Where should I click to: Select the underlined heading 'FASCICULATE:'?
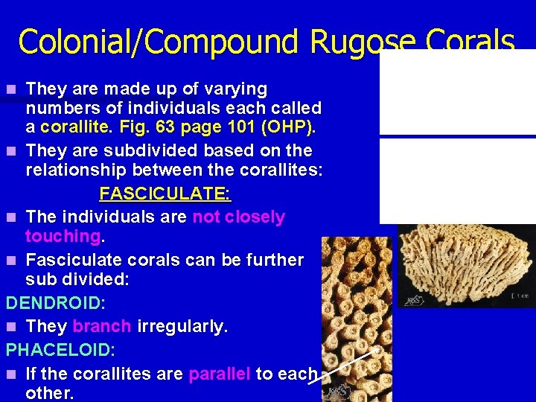click(165, 194)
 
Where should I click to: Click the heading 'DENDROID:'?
click(56, 304)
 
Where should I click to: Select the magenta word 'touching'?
click(63, 237)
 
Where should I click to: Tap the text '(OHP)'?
click(290, 127)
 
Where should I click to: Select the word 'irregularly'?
click(182, 326)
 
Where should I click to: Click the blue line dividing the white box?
click(457, 135)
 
